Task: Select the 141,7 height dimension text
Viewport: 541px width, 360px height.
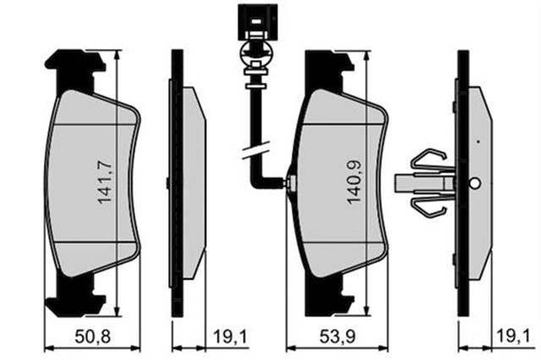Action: click(106, 182)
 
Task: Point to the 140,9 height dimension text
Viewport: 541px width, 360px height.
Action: click(355, 182)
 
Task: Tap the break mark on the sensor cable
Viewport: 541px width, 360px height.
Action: click(255, 150)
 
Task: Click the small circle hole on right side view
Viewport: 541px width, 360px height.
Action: click(475, 183)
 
